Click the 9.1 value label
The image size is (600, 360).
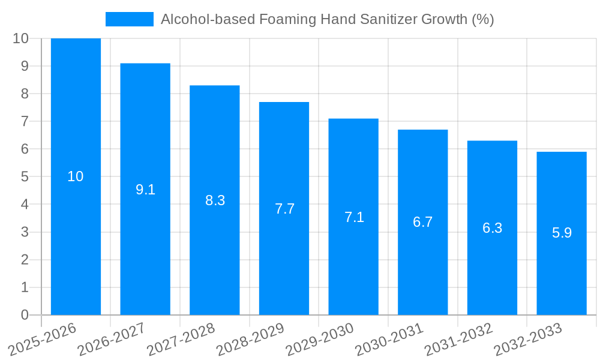pos(145,190)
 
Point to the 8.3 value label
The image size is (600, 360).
pos(215,201)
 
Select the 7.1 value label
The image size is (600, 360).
pos(354,217)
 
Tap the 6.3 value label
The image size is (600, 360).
pos(492,228)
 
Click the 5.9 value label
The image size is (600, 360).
pos(562,233)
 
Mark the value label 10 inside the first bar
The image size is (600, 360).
pos(76,176)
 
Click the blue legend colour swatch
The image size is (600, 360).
pos(129,19)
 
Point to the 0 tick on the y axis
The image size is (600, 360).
pos(25,315)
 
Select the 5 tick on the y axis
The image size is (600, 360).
pos(25,176)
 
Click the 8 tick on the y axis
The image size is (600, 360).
pos(25,94)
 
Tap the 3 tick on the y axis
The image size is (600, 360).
pos(25,232)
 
